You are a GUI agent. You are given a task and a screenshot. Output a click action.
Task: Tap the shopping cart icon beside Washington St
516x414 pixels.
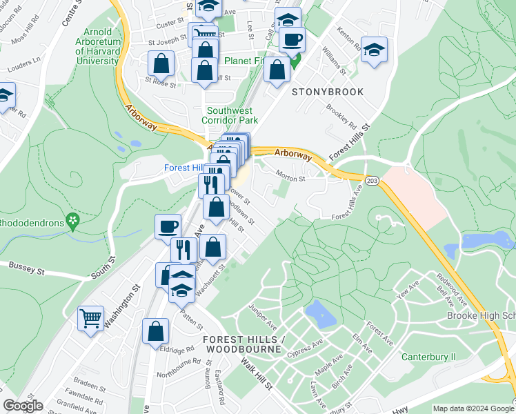90,319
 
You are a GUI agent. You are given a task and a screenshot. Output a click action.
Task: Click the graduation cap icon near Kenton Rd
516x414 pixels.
374,50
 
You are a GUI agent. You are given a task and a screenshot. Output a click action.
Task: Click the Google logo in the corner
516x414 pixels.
23,406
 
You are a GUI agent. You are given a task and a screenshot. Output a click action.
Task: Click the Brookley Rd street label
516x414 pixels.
341,118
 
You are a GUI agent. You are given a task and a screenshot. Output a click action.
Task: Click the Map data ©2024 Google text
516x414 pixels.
473,408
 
